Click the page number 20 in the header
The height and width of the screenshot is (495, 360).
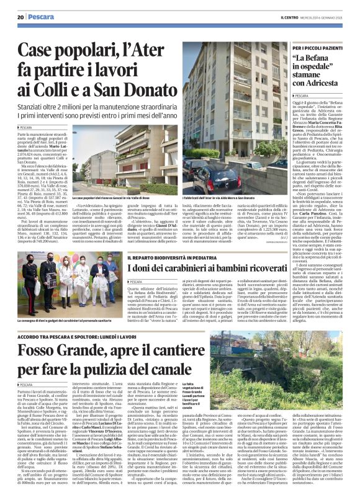point(20,17)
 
